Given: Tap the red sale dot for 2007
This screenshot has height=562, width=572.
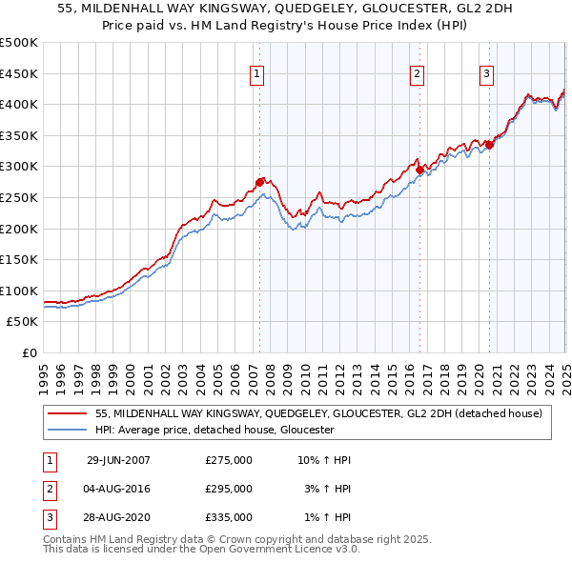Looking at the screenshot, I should [259, 181].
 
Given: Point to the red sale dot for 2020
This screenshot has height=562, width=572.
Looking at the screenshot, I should [489, 144].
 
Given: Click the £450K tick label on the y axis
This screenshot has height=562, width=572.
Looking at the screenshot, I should [19, 73].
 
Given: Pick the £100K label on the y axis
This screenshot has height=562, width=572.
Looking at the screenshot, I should [19, 291].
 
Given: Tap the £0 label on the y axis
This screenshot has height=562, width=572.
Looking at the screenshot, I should [29, 352].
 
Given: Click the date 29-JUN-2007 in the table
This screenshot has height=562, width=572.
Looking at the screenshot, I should [118, 460].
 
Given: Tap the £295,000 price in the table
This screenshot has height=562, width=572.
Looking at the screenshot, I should [229, 489].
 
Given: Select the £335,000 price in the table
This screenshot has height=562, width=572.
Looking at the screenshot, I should [229, 517].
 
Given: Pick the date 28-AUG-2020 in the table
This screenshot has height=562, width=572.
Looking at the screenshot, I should [118, 517].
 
